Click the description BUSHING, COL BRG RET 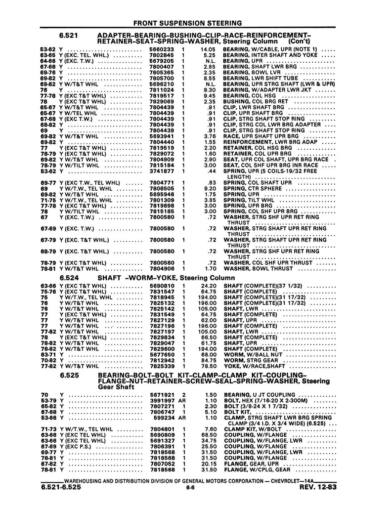point(256,101)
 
